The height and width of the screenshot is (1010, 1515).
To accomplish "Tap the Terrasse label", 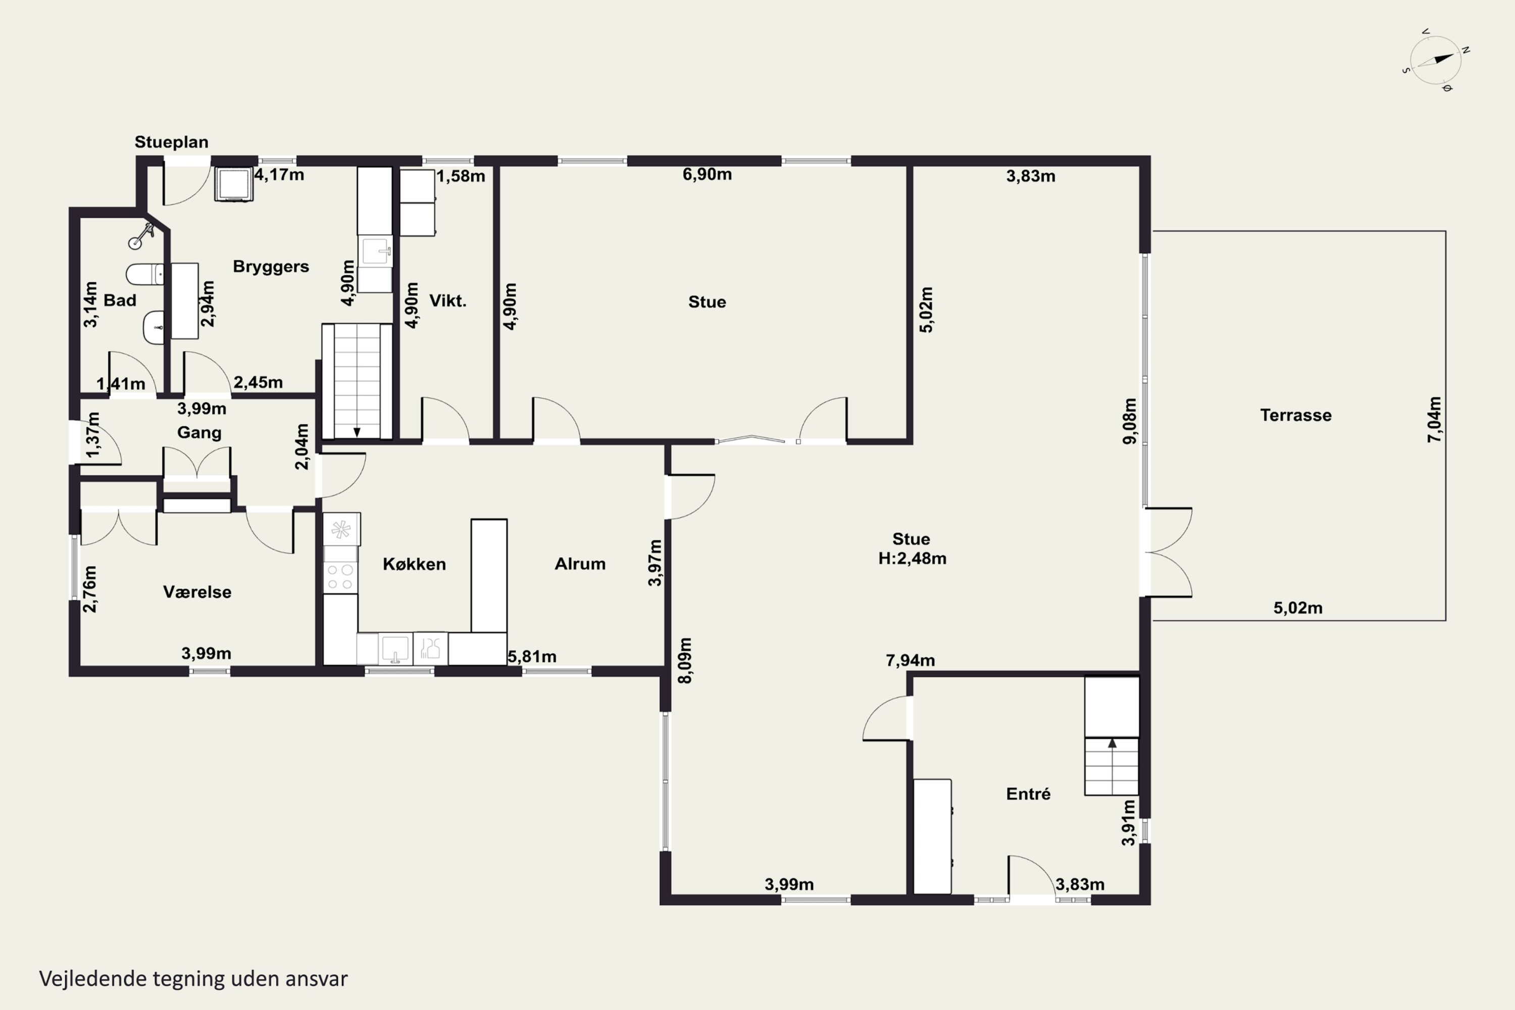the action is [1295, 415].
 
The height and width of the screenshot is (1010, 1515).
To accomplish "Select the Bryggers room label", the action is [271, 267].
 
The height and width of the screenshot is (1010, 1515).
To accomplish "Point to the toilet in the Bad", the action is [145, 274].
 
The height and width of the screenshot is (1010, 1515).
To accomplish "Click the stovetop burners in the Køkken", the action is [340, 577].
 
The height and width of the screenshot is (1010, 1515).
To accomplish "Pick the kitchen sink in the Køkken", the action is [395, 648].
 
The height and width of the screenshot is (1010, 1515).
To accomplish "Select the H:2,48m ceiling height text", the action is [912, 559].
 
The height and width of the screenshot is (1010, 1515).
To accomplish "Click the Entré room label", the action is [1028, 793].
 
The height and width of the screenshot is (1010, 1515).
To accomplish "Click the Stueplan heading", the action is [171, 142].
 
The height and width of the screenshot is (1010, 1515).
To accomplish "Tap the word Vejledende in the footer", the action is [93, 979].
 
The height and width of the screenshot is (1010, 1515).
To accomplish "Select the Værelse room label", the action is [197, 592].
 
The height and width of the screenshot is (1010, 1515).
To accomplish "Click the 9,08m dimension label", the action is [1130, 421].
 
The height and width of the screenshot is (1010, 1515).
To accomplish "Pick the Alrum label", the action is [580, 564].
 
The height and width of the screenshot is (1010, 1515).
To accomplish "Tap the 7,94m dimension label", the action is [910, 660].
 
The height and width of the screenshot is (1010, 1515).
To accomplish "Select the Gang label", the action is [199, 432].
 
